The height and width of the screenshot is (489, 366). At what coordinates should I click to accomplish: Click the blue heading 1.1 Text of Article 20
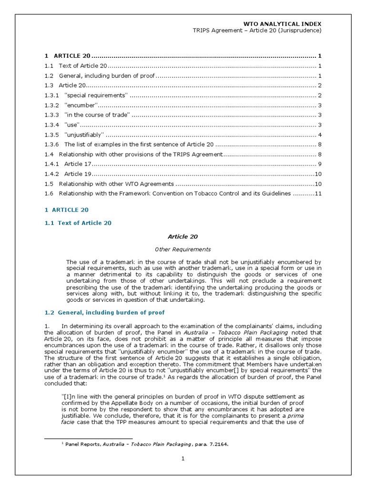click(x=78, y=223)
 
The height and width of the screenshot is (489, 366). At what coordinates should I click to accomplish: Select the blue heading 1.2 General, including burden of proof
click(x=104, y=312)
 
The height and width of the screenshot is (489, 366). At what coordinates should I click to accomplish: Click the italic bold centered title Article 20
click(x=183, y=236)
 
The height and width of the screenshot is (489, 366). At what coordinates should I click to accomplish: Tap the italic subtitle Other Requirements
click(x=183, y=249)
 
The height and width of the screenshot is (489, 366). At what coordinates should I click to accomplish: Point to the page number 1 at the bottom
click(x=183, y=459)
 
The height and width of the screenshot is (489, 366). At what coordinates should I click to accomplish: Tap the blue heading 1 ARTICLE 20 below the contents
click(x=66, y=210)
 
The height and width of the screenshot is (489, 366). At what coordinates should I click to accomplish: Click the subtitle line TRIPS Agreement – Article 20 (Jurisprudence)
click(x=256, y=31)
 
